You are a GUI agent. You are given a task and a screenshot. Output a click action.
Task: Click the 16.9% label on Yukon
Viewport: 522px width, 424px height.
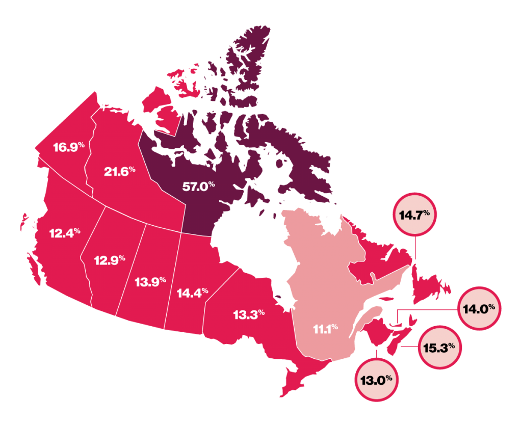[x=68, y=148]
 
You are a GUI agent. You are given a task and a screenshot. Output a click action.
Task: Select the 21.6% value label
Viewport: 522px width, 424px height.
[x=119, y=172]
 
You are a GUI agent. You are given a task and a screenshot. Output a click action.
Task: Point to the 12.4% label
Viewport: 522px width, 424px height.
[x=65, y=233]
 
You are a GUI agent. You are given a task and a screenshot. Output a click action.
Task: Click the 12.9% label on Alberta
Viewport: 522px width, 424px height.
[x=110, y=260]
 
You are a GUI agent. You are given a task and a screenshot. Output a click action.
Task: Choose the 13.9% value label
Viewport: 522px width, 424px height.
[x=151, y=281]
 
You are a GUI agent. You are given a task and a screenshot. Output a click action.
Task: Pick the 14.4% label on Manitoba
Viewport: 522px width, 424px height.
[x=192, y=293]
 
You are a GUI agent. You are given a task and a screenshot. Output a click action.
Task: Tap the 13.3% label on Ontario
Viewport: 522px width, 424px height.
[x=249, y=315]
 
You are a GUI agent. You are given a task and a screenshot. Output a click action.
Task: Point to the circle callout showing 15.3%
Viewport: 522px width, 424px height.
[x=440, y=349]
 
